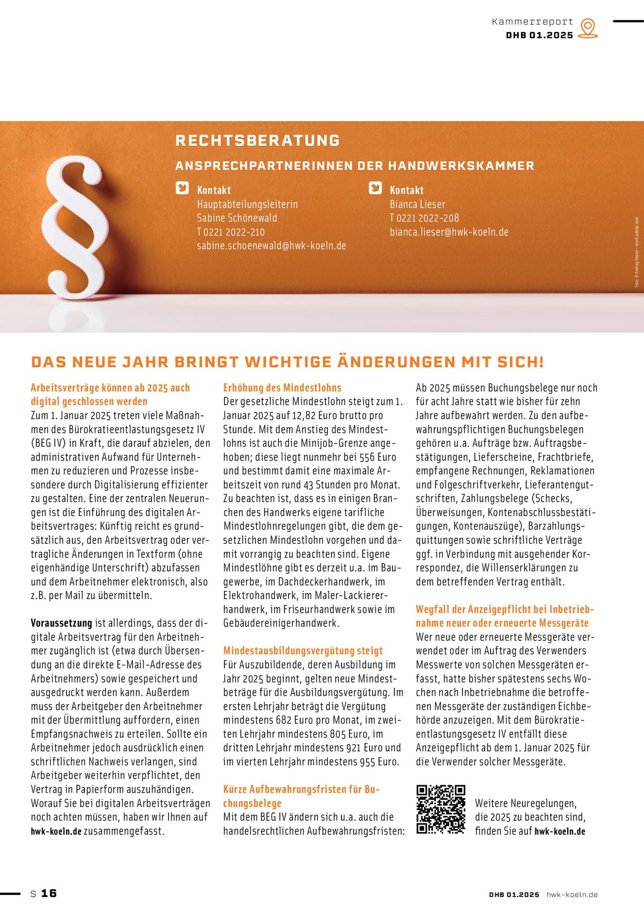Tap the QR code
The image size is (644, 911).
click(x=441, y=809)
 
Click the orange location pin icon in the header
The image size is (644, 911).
click(x=588, y=28)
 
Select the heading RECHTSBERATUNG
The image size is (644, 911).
click(x=257, y=140)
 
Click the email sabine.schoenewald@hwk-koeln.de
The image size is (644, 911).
click(x=271, y=246)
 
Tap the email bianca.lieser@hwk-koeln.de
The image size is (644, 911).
click(x=449, y=232)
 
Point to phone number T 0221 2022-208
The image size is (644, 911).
click(x=424, y=218)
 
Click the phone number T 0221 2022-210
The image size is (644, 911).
click(x=231, y=232)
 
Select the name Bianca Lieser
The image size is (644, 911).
click(x=417, y=204)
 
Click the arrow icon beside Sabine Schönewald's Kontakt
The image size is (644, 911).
click(x=182, y=188)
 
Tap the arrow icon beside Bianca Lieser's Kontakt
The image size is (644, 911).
click(x=375, y=188)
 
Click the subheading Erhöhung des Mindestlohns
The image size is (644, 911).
click(x=282, y=388)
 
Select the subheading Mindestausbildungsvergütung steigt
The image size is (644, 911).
click(x=303, y=651)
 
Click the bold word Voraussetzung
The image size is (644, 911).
click(x=61, y=623)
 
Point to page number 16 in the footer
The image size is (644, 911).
click(x=49, y=893)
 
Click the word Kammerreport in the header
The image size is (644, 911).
click(x=532, y=22)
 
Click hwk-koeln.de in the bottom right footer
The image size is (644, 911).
click(x=572, y=894)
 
